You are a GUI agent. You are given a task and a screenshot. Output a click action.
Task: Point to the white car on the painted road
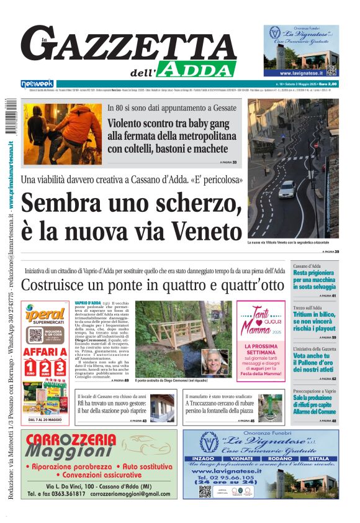287,189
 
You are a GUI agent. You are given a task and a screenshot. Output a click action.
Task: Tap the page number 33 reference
234,162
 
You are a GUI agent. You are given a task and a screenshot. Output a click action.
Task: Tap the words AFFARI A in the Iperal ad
45,352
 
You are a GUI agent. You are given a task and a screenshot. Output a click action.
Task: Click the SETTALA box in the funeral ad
319,459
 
